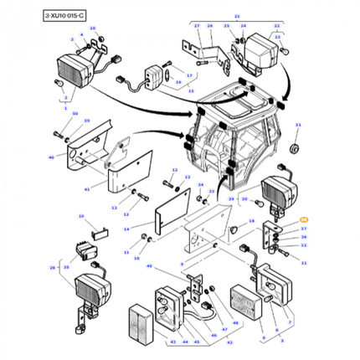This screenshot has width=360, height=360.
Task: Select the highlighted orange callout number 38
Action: coord(303,219)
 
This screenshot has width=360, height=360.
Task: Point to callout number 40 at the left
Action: coord(51,157)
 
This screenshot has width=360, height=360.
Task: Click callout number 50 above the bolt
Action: coord(75,114)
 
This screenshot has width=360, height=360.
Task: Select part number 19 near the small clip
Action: coord(81,216)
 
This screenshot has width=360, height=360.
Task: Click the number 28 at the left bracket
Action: coord(53,268)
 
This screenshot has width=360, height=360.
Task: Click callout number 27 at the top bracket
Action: coord(198,27)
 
